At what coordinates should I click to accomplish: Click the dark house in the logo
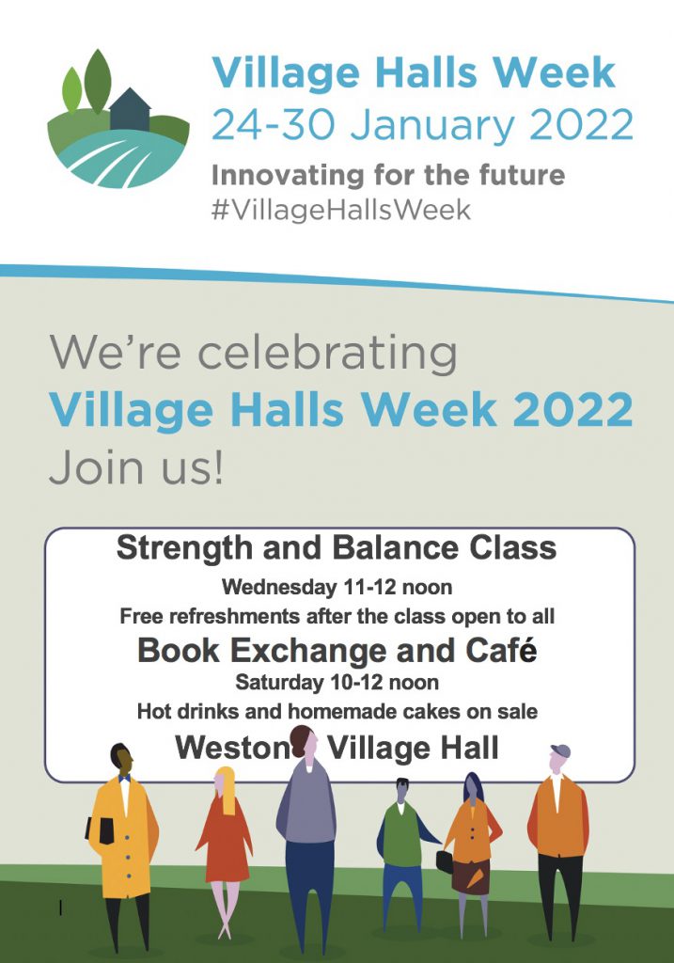pos(130,110)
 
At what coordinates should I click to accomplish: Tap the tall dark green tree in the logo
pos(98,81)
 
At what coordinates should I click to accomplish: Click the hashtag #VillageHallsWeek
pos(340,210)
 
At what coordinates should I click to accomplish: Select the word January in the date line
pos(431,126)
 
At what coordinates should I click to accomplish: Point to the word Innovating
pos(289,176)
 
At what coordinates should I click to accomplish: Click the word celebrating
pos(327,354)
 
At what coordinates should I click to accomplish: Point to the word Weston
pos(231,748)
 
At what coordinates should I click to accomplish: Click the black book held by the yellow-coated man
pos(103,829)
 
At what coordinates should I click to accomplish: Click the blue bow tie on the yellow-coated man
pos(125,778)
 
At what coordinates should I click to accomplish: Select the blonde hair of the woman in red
pos(226,789)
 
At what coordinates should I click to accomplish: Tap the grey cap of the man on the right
pos(561,750)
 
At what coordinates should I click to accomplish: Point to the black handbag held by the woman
pos(445,861)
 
